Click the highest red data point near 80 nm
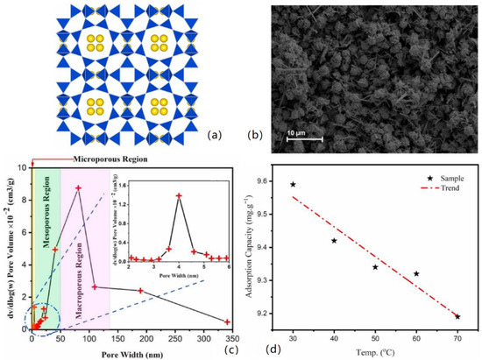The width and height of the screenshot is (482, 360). [x=78, y=188]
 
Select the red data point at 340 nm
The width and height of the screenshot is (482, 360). [x=227, y=321]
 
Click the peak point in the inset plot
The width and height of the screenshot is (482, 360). [x=180, y=195]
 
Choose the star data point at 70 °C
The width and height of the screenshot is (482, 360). [x=457, y=316]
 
